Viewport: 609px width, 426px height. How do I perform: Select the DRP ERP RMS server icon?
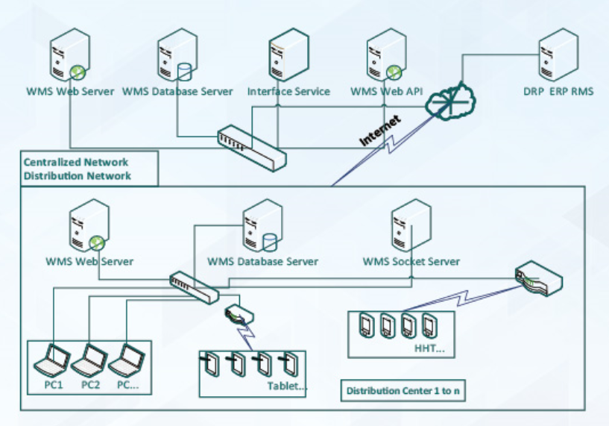(559, 57)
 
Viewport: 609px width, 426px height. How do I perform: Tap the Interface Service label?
(288, 92)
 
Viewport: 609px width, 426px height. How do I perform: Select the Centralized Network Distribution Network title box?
(88, 169)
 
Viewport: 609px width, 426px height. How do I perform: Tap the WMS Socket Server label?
(411, 262)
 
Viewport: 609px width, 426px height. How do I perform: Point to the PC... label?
(129, 385)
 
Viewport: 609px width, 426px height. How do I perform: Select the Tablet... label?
(287, 386)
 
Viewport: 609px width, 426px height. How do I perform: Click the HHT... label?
(429, 348)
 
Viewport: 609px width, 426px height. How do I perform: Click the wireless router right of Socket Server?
(538, 278)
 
